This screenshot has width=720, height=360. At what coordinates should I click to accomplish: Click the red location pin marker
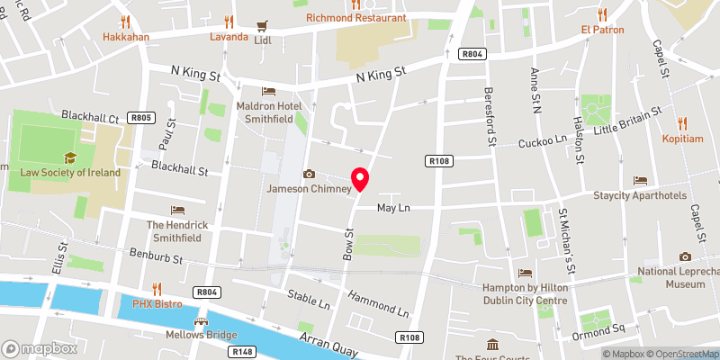click(x=360, y=178)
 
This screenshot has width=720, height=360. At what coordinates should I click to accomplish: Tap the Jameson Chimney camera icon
click(x=309, y=174)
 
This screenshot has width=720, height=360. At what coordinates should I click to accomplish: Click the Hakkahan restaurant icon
click(x=125, y=21)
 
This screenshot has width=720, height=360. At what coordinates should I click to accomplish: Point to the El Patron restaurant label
click(x=603, y=29)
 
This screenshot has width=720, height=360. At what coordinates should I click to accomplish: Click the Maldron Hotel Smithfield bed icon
click(x=267, y=91)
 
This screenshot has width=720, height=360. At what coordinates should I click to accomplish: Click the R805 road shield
click(x=140, y=117)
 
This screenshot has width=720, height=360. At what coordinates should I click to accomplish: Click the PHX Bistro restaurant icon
click(x=157, y=289)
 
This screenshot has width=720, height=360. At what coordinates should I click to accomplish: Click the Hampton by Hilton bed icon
click(x=526, y=273)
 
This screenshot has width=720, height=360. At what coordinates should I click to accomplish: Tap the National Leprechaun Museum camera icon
click(x=685, y=256)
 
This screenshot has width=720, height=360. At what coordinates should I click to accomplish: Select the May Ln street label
click(x=393, y=208)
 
